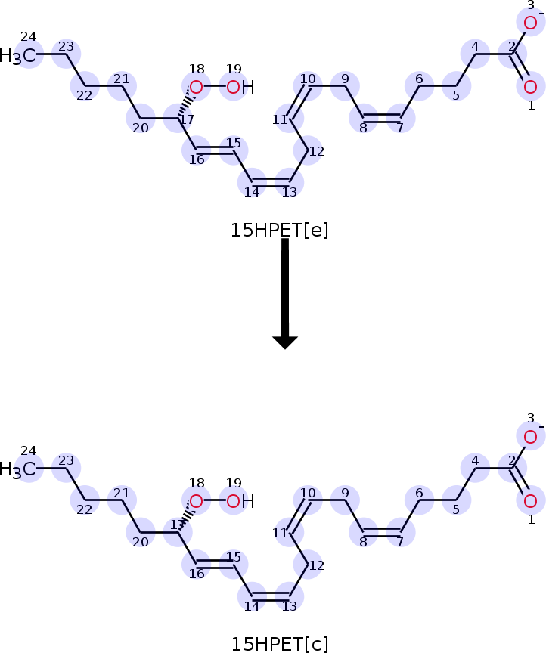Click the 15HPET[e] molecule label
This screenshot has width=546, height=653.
(279, 231)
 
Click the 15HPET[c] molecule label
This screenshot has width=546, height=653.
(279, 644)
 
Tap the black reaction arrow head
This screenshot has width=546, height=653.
(285, 342)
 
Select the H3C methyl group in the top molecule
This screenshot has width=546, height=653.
(18, 56)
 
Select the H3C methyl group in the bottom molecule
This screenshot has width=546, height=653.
(18, 470)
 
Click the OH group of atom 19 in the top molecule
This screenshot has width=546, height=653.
(240, 87)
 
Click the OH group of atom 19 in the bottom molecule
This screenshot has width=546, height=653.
(240, 501)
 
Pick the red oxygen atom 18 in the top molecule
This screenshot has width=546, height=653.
(196, 87)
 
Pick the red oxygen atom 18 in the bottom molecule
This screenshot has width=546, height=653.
(196, 501)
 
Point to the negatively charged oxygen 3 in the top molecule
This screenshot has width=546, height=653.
(531, 23)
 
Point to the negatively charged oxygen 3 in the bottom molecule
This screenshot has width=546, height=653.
(531, 436)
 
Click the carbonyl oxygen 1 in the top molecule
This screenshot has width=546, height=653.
(531, 87)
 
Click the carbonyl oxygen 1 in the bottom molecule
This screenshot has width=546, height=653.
(531, 501)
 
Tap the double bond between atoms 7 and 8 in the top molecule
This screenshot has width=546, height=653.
(382, 118)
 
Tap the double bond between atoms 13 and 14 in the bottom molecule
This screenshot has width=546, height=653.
(271, 596)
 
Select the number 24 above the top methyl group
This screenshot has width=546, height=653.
(28, 36)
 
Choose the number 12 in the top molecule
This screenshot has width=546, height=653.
(317, 151)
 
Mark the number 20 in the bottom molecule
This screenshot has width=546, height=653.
(141, 542)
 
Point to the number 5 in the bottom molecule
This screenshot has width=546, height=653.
(456, 509)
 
